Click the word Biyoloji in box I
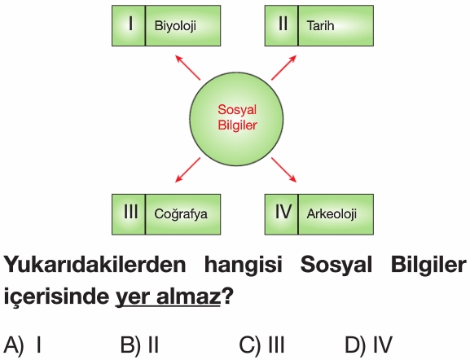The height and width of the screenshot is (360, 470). point(175,26)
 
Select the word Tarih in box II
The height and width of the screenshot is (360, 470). point(320,25)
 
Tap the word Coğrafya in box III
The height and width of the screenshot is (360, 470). point(181,214)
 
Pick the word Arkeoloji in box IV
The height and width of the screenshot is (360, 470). point(332,214)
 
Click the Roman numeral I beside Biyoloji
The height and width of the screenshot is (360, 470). point(130,24)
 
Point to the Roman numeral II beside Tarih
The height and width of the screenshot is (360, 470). point(283,24)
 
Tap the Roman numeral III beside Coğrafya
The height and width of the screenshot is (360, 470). point(131,212)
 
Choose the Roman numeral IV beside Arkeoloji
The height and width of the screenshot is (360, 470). point(283,212)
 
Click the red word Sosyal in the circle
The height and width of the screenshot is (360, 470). point(237,110)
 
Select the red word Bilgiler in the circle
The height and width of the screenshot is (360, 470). point(237,125)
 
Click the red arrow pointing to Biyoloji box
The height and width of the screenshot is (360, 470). point(187,68)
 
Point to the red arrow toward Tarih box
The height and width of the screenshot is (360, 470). point(283,68)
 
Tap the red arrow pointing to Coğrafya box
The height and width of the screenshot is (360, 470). point(187,169)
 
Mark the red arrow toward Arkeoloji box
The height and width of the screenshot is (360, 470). point(283,169)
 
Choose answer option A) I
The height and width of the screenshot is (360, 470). point(22,345)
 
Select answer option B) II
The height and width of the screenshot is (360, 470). point(139,345)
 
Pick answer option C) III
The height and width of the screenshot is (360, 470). point(261,345)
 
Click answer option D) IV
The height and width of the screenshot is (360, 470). point(368,345)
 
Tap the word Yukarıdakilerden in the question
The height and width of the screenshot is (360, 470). point(94,265)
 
